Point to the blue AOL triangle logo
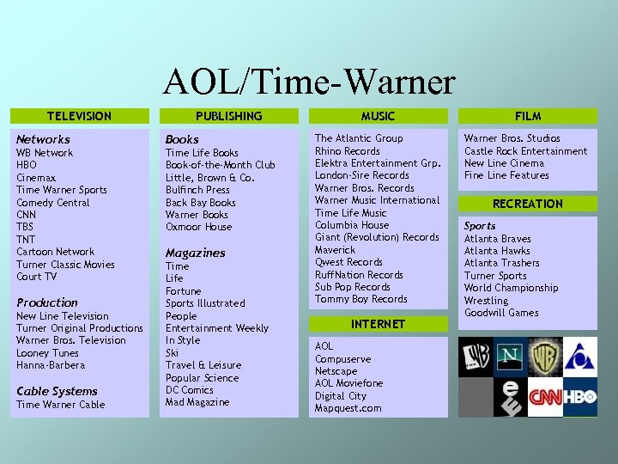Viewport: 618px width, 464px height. pyautogui.click(x=580, y=354)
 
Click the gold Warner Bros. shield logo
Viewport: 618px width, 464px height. pyautogui.click(x=545, y=355)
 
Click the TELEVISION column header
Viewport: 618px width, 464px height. pyautogui.click(x=79, y=116)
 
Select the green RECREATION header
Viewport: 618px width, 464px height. pyautogui.click(x=528, y=204)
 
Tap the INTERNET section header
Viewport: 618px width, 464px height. pyautogui.click(x=378, y=324)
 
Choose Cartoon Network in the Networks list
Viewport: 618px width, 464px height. pyautogui.click(x=56, y=252)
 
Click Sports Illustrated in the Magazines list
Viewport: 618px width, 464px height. pyautogui.click(x=205, y=303)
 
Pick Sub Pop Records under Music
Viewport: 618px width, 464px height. pyautogui.click(x=352, y=287)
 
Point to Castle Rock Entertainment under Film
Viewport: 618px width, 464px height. pyautogui.click(x=526, y=151)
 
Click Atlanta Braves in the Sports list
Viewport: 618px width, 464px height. pyautogui.click(x=498, y=239)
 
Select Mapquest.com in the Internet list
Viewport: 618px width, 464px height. pyautogui.click(x=348, y=408)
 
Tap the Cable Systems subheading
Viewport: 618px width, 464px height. pyautogui.click(x=58, y=391)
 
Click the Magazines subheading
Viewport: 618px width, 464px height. pyautogui.click(x=196, y=253)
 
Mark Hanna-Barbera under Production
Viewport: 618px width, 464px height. pyautogui.click(x=51, y=365)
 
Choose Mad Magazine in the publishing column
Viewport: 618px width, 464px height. pyautogui.click(x=197, y=402)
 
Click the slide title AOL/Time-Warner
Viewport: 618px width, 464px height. pyautogui.click(x=309, y=82)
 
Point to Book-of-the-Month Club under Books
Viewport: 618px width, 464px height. pyautogui.click(x=220, y=165)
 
